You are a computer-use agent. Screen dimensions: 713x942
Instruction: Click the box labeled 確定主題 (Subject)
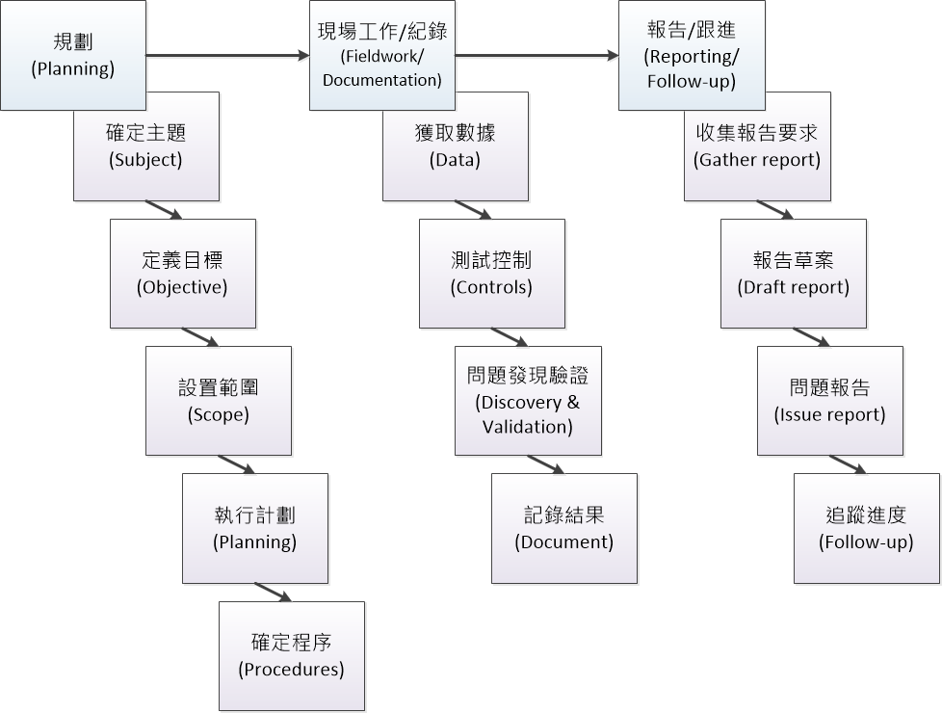pyautogui.click(x=146, y=146)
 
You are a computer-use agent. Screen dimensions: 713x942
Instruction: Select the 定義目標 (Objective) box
pyautogui.click(x=183, y=274)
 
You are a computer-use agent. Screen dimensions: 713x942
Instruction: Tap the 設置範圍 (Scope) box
pyautogui.click(x=219, y=401)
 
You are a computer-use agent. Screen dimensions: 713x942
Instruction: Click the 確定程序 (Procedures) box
pyautogui.click(x=292, y=656)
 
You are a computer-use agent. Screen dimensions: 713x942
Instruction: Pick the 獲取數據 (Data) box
pyautogui.click(x=456, y=146)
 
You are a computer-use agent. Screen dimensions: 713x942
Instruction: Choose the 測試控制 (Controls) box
pyautogui.click(x=491, y=274)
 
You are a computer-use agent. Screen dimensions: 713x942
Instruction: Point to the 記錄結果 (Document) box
pyautogui.click(x=564, y=528)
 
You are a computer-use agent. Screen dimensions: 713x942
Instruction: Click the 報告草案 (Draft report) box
pyautogui.click(x=794, y=274)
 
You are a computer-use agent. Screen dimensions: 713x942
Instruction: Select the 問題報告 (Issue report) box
pyautogui.click(x=830, y=401)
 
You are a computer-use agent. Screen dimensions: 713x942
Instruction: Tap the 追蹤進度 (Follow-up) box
pyautogui.click(x=867, y=528)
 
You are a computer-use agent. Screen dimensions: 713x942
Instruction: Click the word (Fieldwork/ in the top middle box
pyautogui.click(x=382, y=57)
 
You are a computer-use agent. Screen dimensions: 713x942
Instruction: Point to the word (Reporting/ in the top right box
pyautogui.click(x=692, y=57)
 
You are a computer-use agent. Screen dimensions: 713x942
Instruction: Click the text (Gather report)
pyautogui.click(x=757, y=160)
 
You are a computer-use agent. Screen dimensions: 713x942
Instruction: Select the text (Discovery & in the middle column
pyautogui.click(x=528, y=402)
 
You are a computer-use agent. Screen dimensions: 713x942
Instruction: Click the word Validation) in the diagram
pyautogui.click(x=528, y=426)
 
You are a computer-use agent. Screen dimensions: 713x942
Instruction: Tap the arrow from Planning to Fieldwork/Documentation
pyautogui.click(x=226, y=56)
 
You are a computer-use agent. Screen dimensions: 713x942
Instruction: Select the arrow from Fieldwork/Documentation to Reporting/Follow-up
pyautogui.click(x=536, y=56)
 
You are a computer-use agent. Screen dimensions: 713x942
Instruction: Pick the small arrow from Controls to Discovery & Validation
pyautogui.click(x=509, y=337)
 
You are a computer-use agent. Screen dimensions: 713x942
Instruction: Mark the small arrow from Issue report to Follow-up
pyautogui.click(x=848, y=464)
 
